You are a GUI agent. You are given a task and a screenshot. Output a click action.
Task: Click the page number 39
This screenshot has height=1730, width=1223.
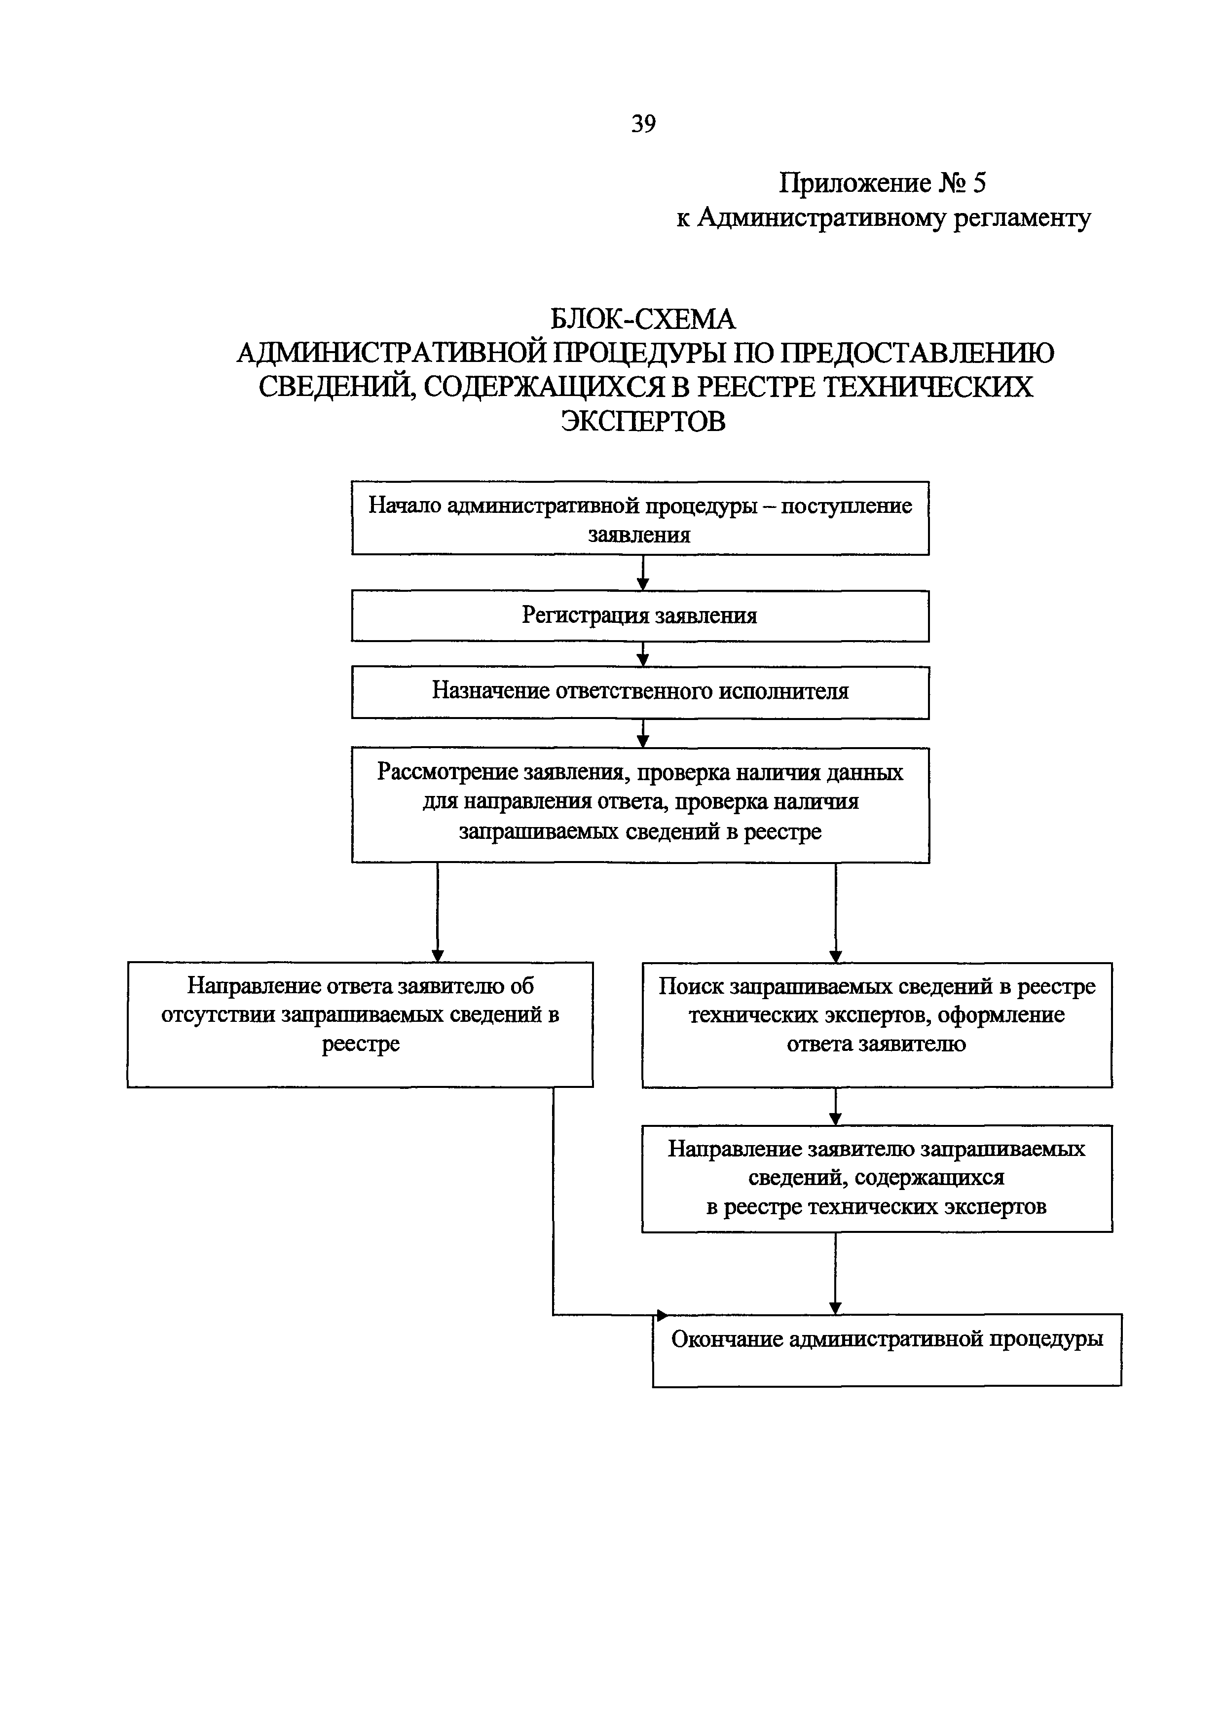point(643,123)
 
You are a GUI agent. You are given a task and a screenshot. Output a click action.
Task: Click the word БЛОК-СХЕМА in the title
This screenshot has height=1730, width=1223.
point(643,320)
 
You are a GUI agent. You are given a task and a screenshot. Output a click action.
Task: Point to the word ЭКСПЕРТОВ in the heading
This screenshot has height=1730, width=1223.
point(643,421)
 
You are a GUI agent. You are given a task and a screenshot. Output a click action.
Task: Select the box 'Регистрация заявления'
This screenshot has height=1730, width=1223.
point(640,615)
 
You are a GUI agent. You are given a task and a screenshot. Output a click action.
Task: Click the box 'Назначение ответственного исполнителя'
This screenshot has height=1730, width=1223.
point(640,692)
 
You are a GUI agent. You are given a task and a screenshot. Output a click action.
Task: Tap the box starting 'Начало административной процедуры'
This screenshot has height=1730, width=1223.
point(640,518)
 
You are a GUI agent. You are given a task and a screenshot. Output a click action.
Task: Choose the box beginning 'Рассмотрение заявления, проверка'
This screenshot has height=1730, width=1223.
point(640,805)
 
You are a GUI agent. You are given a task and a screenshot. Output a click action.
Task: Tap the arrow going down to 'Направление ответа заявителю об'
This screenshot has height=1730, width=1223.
point(438,912)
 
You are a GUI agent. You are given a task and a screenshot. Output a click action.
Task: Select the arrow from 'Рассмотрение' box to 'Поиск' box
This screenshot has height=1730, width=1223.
point(835,912)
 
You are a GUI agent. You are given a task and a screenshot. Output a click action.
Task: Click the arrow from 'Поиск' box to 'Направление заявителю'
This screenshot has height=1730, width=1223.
point(835,1107)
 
